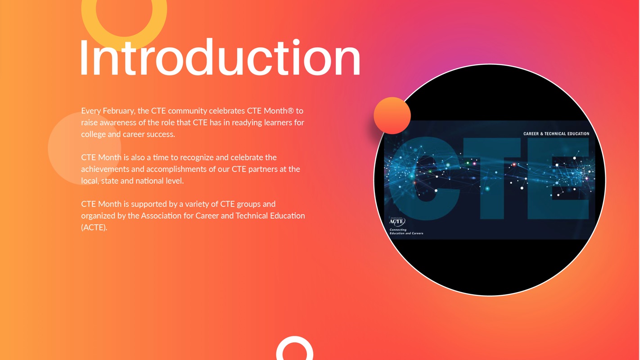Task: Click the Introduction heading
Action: (x=220, y=57)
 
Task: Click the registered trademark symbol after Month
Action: (x=291, y=111)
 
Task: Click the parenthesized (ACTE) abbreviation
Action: (x=94, y=227)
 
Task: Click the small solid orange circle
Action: (x=392, y=116)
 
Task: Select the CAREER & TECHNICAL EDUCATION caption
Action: (x=556, y=134)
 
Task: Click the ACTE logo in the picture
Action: (x=397, y=221)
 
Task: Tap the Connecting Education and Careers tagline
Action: (x=406, y=231)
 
